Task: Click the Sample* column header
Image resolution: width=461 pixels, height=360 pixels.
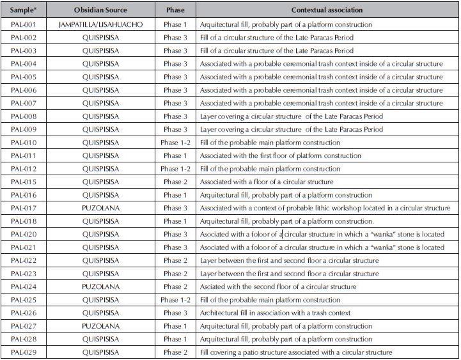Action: click(x=24, y=11)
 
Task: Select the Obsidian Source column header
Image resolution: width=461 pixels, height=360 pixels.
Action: click(x=101, y=11)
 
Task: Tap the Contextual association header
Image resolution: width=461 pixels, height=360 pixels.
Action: click(x=327, y=11)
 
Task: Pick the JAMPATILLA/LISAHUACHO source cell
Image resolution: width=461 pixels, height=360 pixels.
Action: click(x=100, y=24)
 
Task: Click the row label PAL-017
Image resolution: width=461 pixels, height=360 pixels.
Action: click(x=24, y=208)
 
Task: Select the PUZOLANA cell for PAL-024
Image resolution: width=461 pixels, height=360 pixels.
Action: click(x=100, y=286)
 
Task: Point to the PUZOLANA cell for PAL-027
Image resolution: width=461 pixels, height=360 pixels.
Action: click(x=100, y=326)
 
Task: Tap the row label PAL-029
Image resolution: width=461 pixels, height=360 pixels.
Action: click(x=24, y=352)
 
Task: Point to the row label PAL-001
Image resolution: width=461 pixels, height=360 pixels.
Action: click(x=24, y=24)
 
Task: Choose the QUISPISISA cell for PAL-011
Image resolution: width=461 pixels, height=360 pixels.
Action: click(x=100, y=155)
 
